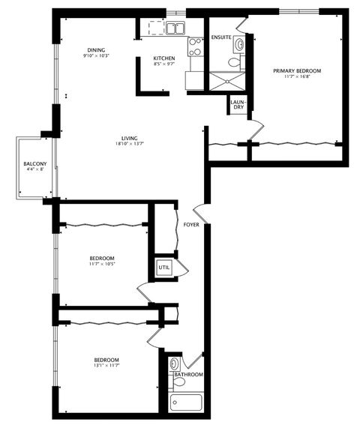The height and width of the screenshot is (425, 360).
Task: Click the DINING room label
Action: coord(97,49)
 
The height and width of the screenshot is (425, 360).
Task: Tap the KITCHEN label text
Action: coord(163,58)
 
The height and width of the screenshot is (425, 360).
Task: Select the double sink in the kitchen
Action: coord(176,29)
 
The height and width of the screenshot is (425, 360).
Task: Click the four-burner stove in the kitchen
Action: coord(194,47)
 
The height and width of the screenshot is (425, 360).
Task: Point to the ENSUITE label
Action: coord(222,37)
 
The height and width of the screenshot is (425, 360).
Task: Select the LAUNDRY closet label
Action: coord(237,105)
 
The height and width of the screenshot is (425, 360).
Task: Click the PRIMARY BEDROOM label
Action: coord(297,70)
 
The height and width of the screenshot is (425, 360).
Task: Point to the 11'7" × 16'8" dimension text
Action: coord(297,76)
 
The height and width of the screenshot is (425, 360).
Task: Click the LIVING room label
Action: coord(129,137)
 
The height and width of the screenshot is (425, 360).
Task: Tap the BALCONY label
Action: coord(35,163)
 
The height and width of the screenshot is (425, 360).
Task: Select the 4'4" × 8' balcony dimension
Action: coord(35,169)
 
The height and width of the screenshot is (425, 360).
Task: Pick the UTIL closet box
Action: coord(163,267)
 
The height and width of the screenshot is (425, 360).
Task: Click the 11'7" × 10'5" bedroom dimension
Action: coord(106,265)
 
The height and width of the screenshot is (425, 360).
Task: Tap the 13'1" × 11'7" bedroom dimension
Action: coord(106,366)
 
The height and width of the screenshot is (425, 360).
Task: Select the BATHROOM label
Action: coord(188,374)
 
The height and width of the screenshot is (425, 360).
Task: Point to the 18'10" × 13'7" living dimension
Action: coord(129,143)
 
